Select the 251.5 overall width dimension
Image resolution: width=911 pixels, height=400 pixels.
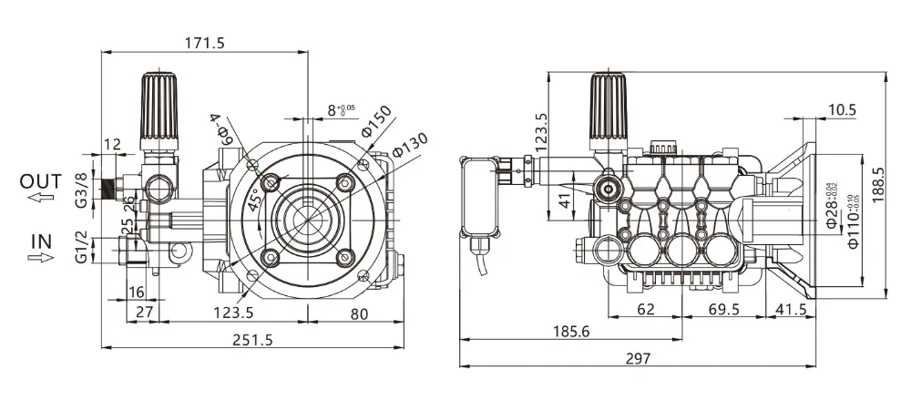254,338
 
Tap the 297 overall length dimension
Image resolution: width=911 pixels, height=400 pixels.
639,359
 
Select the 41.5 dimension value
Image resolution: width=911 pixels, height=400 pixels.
789,310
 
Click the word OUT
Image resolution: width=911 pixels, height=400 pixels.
41,181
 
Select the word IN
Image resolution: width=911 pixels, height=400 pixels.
41,241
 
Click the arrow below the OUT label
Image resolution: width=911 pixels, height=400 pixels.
39,198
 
